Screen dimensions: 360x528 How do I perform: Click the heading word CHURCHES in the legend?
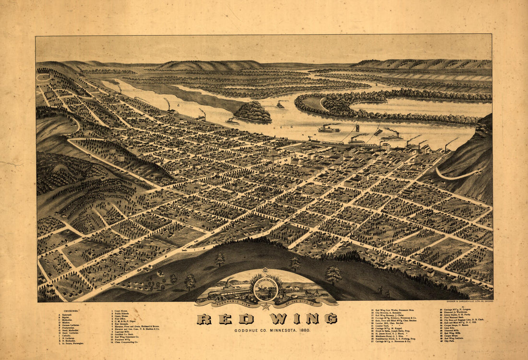pos(71,311)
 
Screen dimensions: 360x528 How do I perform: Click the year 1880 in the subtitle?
pos(316,330)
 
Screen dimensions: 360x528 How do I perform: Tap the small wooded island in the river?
pos(253,111)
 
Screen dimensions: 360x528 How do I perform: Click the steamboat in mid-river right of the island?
pos(329,129)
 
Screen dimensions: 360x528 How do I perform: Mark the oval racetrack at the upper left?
pos(44,77)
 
